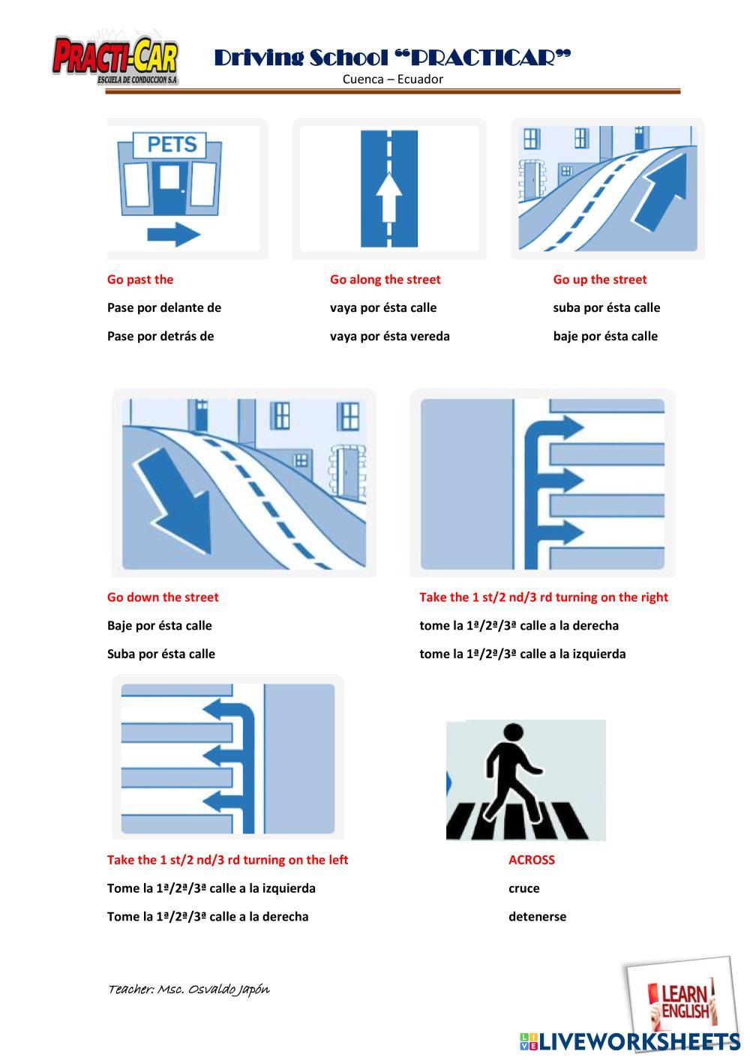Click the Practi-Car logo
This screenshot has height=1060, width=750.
[115, 60]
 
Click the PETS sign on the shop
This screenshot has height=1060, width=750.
[170, 145]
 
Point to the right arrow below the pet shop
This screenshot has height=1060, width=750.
[173, 234]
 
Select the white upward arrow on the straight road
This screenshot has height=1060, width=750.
[388, 197]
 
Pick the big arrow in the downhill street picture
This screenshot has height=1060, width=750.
[173, 500]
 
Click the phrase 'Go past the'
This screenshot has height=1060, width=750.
[140, 280]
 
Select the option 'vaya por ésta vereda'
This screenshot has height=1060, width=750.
[390, 337]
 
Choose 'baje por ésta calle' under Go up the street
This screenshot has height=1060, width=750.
[605, 337]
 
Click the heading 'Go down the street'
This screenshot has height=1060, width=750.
[163, 597]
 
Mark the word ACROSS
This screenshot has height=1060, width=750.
[531, 860]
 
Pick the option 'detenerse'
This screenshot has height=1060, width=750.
[538, 917]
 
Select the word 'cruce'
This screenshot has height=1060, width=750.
[523, 888]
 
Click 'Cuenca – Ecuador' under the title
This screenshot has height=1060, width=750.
[392, 79]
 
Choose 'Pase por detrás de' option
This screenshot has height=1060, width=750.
[160, 337]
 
